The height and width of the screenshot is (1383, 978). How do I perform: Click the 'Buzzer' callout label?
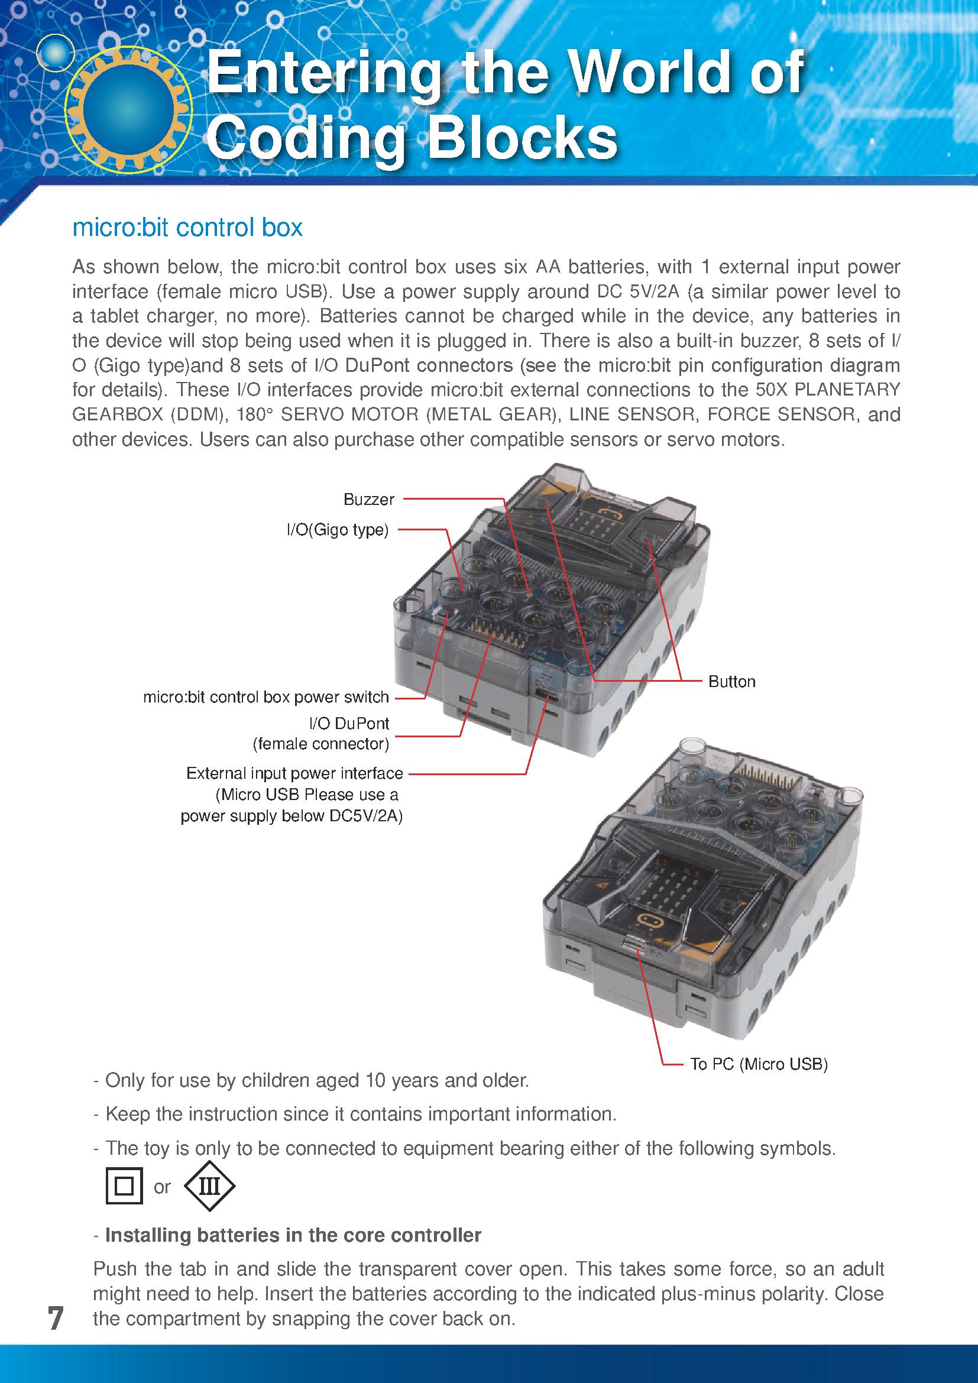coord(368,500)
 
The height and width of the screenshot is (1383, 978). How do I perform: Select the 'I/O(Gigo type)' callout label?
coord(337,530)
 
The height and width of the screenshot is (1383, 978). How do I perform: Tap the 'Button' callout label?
coord(731,681)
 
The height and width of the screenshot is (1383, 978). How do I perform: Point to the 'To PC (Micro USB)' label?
coord(759,1064)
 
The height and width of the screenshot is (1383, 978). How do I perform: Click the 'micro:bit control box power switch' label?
coord(265,697)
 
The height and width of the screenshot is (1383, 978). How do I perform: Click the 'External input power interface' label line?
coord(294,773)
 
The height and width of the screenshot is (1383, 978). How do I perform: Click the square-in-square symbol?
coord(124,1186)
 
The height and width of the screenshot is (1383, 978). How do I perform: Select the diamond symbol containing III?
coord(209,1186)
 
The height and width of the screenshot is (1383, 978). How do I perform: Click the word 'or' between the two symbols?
coord(162,1187)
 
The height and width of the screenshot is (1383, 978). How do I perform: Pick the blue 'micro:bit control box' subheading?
coord(187,228)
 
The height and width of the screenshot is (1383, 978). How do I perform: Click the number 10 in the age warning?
coord(377,1080)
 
